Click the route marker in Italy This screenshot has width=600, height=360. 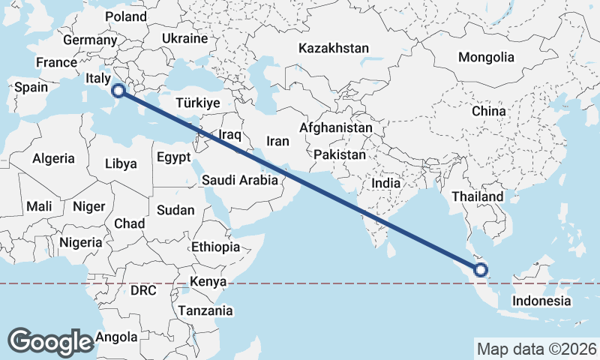(x=118, y=91)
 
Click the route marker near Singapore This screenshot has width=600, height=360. (x=481, y=270)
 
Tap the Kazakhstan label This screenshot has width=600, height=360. (x=333, y=48)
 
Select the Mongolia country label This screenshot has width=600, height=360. (x=486, y=57)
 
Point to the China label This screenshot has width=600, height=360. (x=488, y=111)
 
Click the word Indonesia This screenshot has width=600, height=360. (x=541, y=301)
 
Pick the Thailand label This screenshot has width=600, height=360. (x=478, y=196)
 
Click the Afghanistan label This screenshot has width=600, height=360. (x=335, y=128)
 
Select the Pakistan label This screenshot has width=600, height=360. (x=340, y=154)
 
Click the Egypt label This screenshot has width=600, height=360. (x=173, y=157)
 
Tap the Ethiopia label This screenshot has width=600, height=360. (x=215, y=247)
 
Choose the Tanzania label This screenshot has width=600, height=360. (x=205, y=310)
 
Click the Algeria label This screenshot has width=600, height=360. (x=53, y=158)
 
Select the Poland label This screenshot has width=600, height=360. (x=126, y=16)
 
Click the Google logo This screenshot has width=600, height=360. (x=51, y=341)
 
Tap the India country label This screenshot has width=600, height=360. (x=386, y=183)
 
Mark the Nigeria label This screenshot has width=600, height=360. (x=80, y=242)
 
